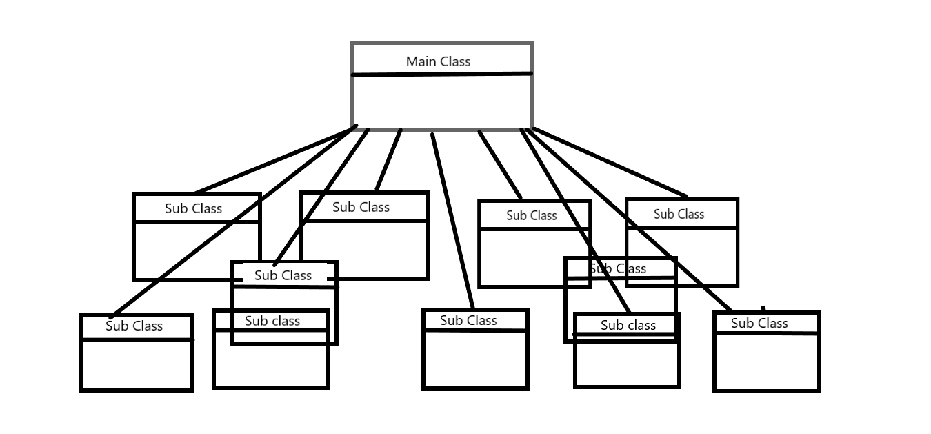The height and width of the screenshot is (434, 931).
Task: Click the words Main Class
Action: coord(438,61)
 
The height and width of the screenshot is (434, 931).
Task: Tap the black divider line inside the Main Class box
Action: coord(441,74)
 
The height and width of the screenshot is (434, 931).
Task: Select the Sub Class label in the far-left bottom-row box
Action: coord(134,326)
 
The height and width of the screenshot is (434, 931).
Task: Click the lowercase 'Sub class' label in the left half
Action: coord(272,321)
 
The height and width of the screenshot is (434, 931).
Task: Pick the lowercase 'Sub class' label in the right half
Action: coord(628,325)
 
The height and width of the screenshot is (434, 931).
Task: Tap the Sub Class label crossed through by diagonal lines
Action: coord(619,268)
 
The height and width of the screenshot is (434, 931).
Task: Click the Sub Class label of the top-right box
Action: coord(679,214)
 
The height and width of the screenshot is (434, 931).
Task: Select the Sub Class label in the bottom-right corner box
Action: coord(759,323)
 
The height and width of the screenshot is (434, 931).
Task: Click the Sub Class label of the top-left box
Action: coord(193,208)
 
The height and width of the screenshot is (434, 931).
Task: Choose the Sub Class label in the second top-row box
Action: coord(361,207)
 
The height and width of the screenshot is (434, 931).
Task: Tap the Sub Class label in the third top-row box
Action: coord(531,215)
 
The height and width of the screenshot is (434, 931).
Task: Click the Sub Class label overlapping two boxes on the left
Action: coord(283,275)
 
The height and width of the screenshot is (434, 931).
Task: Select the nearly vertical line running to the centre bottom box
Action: coord(452,221)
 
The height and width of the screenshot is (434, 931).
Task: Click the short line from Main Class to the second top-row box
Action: coord(388,160)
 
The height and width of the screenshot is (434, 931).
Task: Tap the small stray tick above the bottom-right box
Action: coord(763,308)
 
